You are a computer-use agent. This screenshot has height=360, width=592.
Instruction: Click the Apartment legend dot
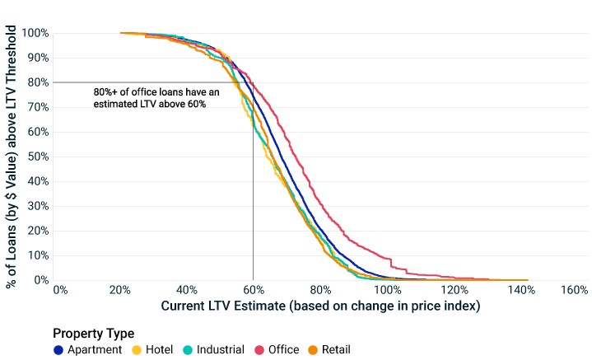[x=58, y=350]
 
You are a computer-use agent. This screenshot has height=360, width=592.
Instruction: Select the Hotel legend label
[x=160, y=350]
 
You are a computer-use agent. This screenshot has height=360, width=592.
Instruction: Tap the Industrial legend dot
[x=188, y=350]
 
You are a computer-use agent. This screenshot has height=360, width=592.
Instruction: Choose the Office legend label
[x=283, y=350]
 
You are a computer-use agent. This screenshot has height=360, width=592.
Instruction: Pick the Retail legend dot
[x=313, y=350]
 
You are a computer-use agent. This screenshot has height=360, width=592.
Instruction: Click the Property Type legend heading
[x=94, y=334]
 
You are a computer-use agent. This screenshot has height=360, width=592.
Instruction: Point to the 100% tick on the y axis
[x=35, y=33]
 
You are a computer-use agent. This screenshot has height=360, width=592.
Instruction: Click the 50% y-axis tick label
[x=38, y=157]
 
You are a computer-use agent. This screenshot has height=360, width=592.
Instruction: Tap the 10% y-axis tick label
[x=38, y=255]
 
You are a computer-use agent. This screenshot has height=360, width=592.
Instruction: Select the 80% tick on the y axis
[x=38, y=82]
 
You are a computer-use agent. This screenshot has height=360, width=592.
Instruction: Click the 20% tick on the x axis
[x=120, y=290]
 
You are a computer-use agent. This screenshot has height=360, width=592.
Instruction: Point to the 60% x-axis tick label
[x=254, y=290]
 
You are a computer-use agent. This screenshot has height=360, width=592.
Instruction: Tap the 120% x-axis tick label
[x=454, y=290]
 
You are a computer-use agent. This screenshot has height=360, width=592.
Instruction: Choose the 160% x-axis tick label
[x=575, y=290]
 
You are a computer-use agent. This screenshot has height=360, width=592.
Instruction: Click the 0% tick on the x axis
[x=60, y=290]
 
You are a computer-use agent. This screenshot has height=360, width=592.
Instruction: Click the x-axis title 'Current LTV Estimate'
[x=223, y=306]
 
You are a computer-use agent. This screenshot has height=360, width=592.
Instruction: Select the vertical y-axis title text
[x=11, y=157]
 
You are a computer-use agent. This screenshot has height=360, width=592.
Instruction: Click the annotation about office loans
[x=156, y=98]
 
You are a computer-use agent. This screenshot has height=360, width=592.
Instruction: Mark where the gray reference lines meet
[x=253, y=82]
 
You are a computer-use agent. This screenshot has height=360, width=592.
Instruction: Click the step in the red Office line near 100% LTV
[x=391, y=263]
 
